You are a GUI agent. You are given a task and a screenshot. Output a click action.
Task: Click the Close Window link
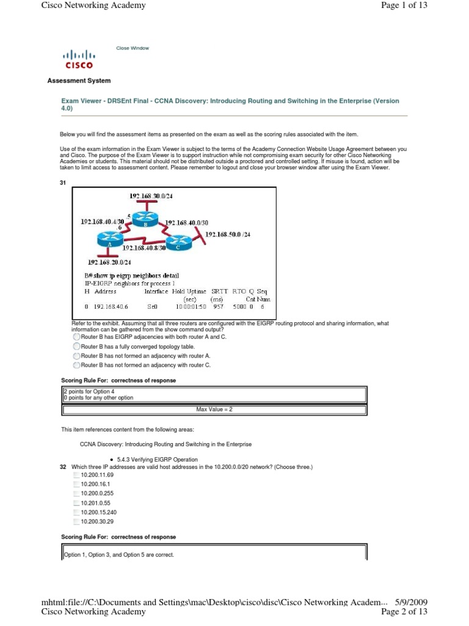point(133,48)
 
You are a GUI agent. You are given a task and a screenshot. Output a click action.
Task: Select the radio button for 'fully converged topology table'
point(76,346)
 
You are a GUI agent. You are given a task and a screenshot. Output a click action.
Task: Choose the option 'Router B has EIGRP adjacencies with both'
point(76,337)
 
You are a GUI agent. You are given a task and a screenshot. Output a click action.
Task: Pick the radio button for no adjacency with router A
point(76,356)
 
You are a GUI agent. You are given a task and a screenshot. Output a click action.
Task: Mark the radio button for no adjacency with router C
point(76,365)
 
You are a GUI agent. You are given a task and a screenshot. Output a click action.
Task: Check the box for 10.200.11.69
point(76,475)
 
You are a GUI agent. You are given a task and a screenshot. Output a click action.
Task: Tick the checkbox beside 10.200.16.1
point(76,484)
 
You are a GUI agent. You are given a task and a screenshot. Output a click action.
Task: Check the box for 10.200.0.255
point(76,493)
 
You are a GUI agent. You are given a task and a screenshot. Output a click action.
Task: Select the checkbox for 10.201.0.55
point(76,503)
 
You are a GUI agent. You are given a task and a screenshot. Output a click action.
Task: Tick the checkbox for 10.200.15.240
point(76,512)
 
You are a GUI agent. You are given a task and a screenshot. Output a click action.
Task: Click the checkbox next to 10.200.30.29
point(76,521)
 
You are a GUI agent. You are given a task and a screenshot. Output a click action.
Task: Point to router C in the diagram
point(178,243)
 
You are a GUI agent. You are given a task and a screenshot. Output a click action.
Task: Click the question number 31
point(62,183)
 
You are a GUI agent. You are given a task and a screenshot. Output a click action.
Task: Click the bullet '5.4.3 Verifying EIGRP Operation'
point(145,459)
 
